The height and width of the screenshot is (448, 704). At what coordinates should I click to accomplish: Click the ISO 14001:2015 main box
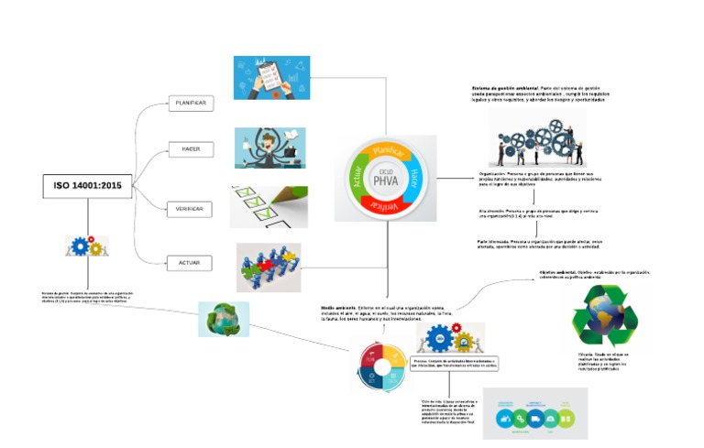tap(87, 186)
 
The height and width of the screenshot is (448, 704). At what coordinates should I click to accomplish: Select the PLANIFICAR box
tap(190, 104)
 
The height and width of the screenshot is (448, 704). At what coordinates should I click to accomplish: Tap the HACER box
tap(190, 148)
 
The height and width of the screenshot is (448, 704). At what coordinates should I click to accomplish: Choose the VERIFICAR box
tap(190, 210)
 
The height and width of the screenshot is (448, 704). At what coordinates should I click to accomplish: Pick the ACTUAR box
tap(190, 264)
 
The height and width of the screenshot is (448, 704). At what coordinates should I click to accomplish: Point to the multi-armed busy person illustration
tap(269, 148)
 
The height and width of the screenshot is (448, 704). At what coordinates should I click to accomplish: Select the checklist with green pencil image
tap(268, 207)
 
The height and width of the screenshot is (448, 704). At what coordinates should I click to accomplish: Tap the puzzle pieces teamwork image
tap(268, 267)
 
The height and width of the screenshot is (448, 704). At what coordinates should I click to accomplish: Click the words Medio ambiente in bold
tap(337, 308)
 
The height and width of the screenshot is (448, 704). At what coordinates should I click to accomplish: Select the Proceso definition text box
tap(453, 365)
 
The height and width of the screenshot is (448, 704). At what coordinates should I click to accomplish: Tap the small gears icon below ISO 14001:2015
tap(87, 246)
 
